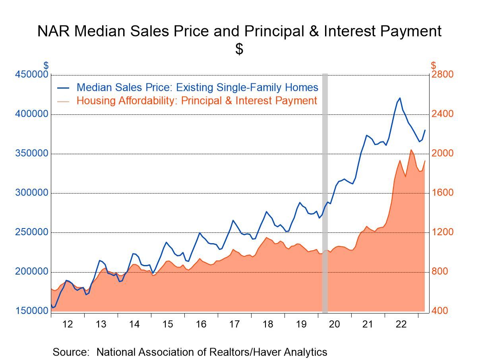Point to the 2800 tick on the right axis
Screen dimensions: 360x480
coord(442,75)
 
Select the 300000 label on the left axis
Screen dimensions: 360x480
coord(32,193)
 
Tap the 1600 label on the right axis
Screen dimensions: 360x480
coord(442,193)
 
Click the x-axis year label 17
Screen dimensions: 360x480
coord(234,324)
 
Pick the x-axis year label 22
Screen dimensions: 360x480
coord(401,324)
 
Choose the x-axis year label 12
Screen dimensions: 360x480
coord(68,324)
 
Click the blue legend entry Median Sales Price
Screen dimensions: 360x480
coord(197,87)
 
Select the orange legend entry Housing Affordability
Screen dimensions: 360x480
coord(197,101)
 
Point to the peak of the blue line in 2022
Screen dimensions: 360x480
coord(399,98)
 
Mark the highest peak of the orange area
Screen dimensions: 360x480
coord(411,150)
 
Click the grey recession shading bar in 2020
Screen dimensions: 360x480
coord(325,191)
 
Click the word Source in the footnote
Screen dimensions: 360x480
coord(70,352)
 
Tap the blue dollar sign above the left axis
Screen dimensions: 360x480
coord(46,65)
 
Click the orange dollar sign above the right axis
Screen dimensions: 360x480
coord(434,65)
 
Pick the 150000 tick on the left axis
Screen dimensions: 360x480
coord(32,311)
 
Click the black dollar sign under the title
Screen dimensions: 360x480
coord(239,49)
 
